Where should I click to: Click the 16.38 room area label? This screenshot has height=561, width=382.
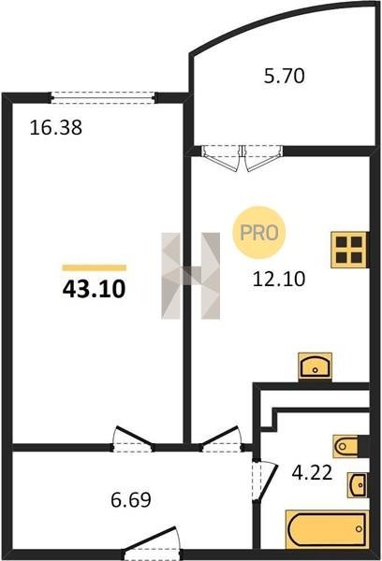click(55, 128)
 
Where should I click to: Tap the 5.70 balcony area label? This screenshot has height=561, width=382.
click(285, 76)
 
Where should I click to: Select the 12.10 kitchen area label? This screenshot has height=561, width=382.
click(279, 279)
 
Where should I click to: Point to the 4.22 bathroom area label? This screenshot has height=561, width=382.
click(312, 472)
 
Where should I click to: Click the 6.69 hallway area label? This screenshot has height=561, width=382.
click(131, 500)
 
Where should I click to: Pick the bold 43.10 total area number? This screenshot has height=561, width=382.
click(94, 289)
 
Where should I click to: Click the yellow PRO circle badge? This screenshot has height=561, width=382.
click(259, 233)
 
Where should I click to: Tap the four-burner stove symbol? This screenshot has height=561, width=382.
click(349, 250)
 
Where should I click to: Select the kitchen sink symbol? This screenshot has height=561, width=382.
click(315, 366)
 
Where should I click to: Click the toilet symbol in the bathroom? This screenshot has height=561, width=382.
click(346, 446)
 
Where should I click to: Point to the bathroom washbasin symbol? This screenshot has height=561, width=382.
click(358, 484)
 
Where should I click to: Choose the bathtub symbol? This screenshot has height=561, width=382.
click(327, 529)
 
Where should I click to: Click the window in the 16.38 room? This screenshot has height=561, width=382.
click(103, 97)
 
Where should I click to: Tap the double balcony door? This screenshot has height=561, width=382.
click(242, 158)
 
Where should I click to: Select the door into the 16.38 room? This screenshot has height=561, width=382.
click(133, 439)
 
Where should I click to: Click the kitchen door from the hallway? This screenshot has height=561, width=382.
click(220, 439)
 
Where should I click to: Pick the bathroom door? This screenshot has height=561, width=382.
click(264, 481)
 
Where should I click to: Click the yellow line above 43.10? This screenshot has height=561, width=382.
click(95, 267)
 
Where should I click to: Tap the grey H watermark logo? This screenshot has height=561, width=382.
click(191, 276)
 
